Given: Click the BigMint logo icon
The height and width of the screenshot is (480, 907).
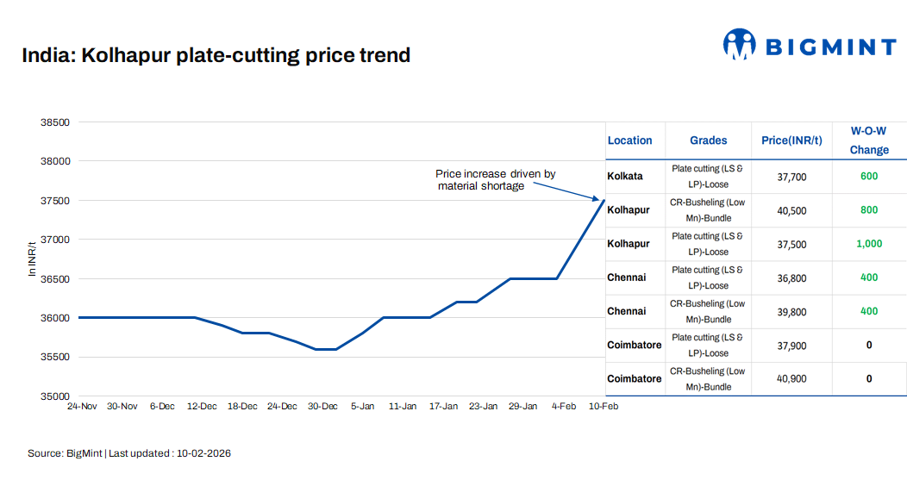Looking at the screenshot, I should pyautogui.click(x=739, y=45).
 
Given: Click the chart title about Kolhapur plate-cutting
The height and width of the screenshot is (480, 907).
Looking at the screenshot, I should pyautogui.click(x=216, y=56).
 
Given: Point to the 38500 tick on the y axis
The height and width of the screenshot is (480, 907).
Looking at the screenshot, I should pyautogui.click(x=55, y=122).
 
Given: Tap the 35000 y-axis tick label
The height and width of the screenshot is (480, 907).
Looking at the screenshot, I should pyautogui.click(x=55, y=396).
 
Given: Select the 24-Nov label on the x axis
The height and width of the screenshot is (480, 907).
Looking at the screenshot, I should pyautogui.click(x=82, y=407).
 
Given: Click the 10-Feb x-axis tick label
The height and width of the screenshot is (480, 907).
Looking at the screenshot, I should pyautogui.click(x=603, y=407).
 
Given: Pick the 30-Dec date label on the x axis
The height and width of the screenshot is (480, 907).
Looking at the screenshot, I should pyautogui.click(x=322, y=407).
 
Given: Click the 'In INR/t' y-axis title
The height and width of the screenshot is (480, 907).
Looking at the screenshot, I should pyautogui.click(x=33, y=259).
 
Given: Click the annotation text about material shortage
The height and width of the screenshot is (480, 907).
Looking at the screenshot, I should pyautogui.click(x=495, y=180).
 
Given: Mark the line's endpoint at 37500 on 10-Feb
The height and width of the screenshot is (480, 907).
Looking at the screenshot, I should pyautogui.click(x=604, y=200).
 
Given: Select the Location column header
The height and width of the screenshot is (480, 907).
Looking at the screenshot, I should pyautogui.click(x=629, y=140).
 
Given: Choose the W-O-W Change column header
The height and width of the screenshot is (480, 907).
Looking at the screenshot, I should pyautogui.click(x=868, y=140).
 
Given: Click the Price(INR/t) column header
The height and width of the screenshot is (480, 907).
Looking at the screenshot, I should pyautogui.click(x=791, y=140).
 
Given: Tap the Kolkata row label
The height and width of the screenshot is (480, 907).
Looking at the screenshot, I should pyautogui.click(x=625, y=177).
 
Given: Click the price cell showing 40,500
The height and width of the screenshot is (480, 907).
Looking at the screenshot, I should pyautogui.click(x=791, y=210).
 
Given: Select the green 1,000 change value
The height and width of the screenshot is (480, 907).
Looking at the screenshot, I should pyautogui.click(x=868, y=244).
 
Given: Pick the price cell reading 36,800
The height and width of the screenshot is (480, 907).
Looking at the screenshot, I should pyautogui.click(x=791, y=278).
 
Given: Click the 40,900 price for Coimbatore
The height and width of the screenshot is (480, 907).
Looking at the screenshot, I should pyautogui.click(x=791, y=379).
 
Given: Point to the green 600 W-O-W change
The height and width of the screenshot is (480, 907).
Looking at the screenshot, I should pyautogui.click(x=868, y=177).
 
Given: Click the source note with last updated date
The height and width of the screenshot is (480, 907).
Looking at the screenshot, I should pyautogui.click(x=129, y=453).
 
